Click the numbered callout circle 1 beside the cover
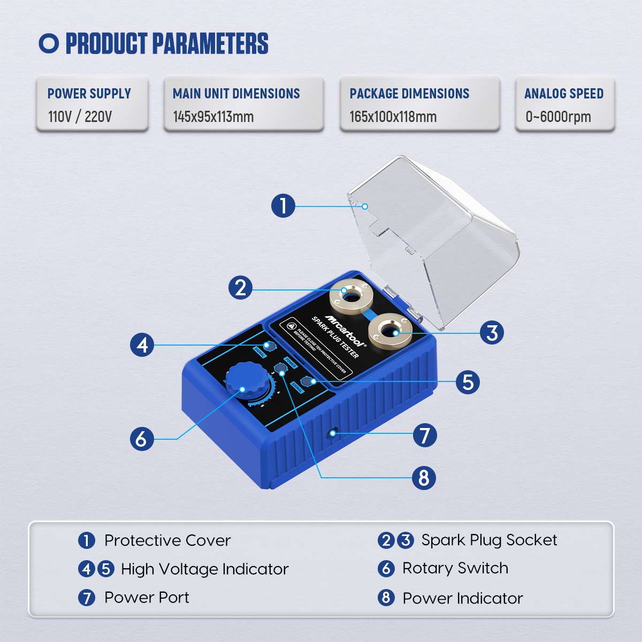point(283,205)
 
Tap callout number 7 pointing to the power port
point(425,435)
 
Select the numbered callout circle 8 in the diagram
point(424,477)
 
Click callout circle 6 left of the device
point(142,439)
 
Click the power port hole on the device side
point(333,431)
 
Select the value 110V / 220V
point(80,117)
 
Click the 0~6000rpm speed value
point(558,117)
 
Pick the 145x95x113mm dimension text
point(213,117)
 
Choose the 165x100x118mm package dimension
point(393,117)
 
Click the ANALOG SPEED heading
point(564,94)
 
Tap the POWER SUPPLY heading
point(89,94)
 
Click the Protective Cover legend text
point(167,540)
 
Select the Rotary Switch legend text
point(455,568)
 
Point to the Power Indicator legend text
point(463,598)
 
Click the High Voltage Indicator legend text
point(205,569)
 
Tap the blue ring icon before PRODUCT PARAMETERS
point(49,43)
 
